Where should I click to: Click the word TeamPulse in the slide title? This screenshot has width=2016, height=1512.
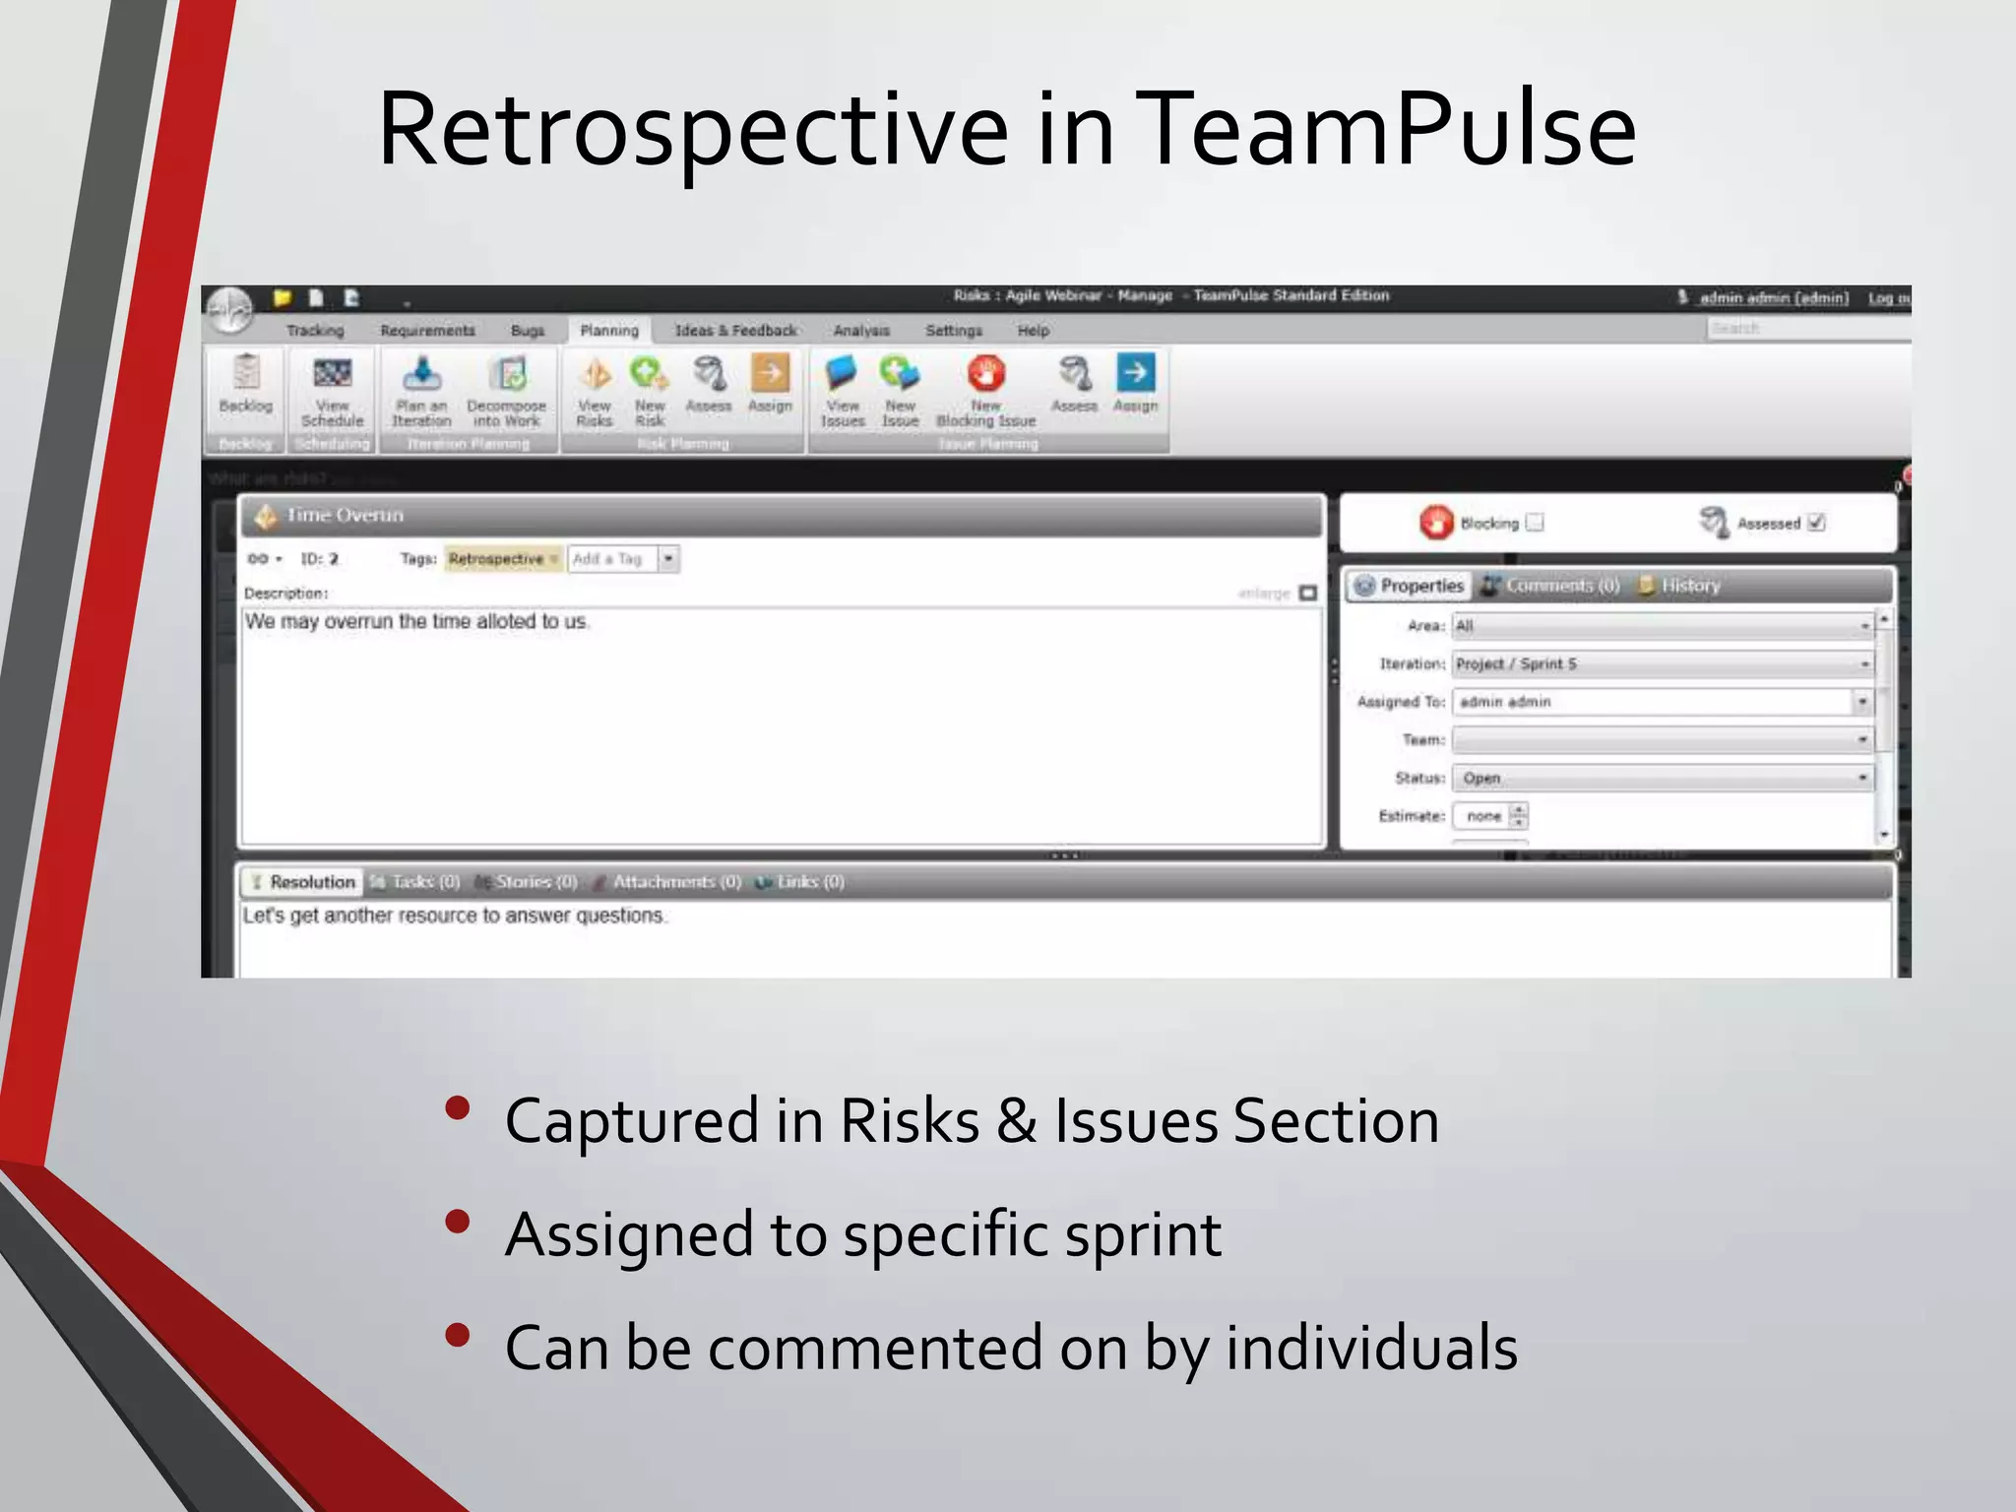(x=1389, y=130)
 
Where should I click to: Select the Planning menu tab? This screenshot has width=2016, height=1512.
(x=608, y=331)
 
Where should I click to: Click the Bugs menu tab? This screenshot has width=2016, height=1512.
(x=528, y=331)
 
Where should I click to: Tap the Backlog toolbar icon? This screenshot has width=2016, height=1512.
(x=245, y=375)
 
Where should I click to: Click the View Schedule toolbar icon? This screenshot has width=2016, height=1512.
(x=332, y=375)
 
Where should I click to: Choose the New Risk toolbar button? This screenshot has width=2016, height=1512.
(x=649, y=375)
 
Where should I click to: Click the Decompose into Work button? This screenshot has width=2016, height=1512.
(x=507, y=375)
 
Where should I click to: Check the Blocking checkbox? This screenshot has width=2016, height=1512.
(x=1535, y=523)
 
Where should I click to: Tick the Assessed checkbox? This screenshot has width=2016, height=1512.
(x=1816, y=523)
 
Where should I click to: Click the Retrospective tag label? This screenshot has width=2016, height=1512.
(x=496, y=559)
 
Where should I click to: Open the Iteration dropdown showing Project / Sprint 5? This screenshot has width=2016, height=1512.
(x=1662, y=664)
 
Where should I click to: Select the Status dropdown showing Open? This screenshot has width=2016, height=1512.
(x=1662, y=778)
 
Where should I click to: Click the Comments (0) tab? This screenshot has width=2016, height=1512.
(x=1552, y=586)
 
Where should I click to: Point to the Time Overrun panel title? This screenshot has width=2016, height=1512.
(x=345, y=516)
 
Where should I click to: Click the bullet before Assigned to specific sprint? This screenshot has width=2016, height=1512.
(x=457, y=1223)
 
